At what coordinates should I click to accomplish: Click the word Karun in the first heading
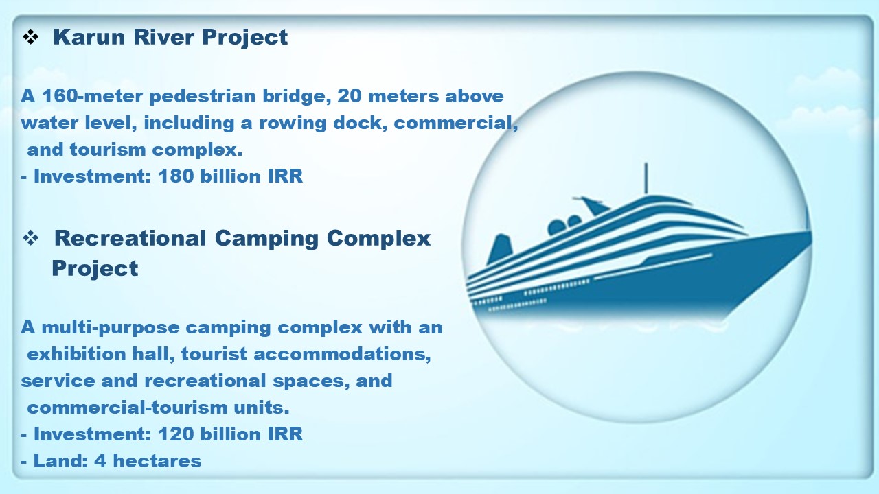click(x=89, y=37)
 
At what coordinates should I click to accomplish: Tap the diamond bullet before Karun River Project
click(x=31, y=37)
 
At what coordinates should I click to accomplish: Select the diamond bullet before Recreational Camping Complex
click(x=31, y=238)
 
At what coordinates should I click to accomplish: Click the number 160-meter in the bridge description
click(x=92, y=96)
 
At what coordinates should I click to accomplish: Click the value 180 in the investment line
click(x=176, y=176)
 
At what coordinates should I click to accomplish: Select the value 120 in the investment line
click(x=176, y=434)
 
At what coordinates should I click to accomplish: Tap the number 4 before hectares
click(x=100, y=460)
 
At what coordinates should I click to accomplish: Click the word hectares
click(x=157, y=460)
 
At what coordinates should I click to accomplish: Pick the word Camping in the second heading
click(x=266, y=239)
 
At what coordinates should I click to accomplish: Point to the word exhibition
click(x=76, y=353)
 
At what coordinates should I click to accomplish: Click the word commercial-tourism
click(x=127, y=408)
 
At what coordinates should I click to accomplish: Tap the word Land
click(x=60, y=460)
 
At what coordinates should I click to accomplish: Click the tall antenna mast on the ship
click(x=646, y=178)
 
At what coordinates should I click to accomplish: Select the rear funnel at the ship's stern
click(x=499, y=249)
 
